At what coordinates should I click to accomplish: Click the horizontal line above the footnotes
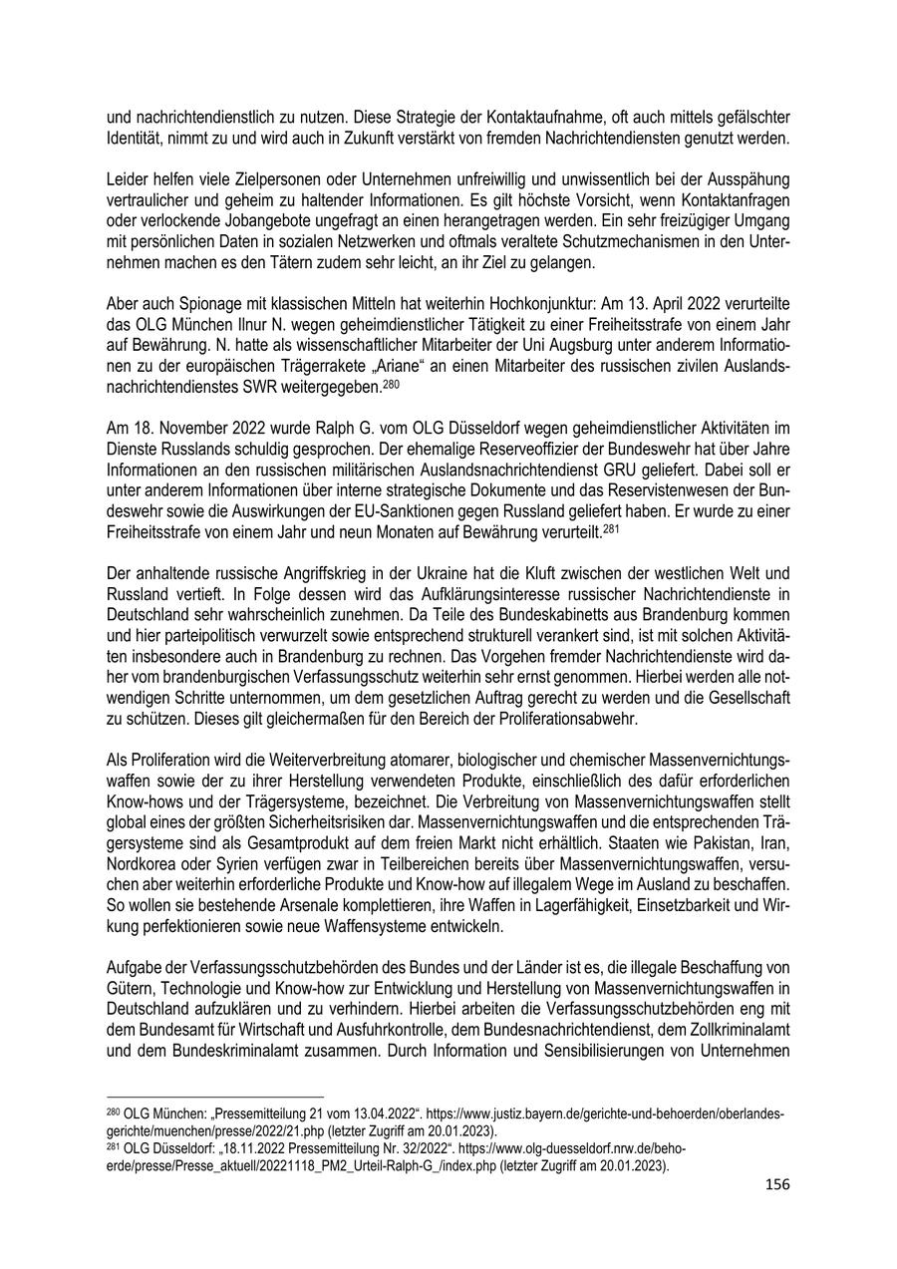pos(214,1095)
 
